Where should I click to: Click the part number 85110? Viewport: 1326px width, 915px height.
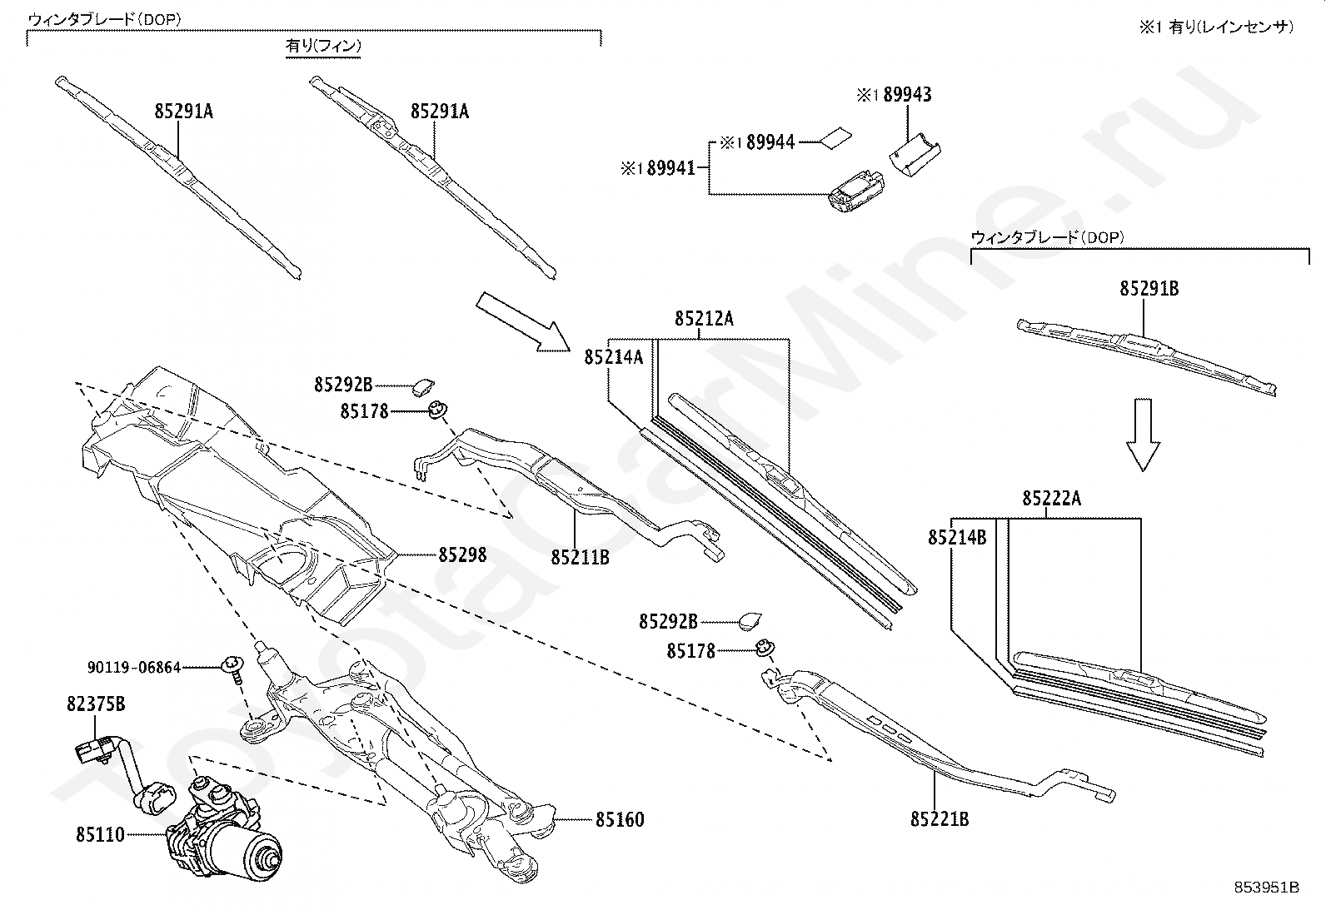pos(100,833)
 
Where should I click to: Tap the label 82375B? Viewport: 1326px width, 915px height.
pos(96,704)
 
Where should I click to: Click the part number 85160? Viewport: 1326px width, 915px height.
pos(619,820)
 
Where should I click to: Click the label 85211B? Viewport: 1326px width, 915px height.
pos(580,557)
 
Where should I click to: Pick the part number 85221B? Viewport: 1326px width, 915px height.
pos(940,819)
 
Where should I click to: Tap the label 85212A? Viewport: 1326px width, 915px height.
pos(705,319)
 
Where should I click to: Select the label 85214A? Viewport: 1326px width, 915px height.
pos(614,357)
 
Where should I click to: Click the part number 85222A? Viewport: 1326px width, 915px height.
pos(1052,499)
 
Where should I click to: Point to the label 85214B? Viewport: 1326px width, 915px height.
pos(958,538)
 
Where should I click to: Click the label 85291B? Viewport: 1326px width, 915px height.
pos(1149,289)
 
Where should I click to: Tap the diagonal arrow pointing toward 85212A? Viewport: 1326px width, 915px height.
pos(522,321)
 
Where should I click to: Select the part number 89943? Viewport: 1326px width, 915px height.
pos(907,95)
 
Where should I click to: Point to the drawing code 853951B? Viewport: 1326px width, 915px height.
pos(1267,887)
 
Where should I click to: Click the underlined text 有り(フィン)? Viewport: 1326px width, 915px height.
pos(323,47)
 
